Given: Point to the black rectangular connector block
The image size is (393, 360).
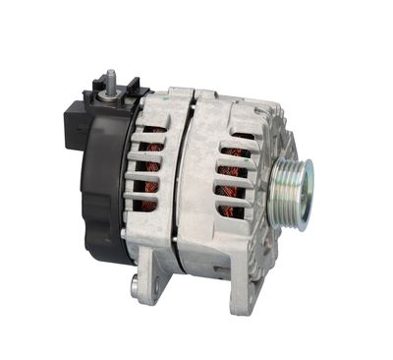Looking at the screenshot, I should click(x=78, y=123).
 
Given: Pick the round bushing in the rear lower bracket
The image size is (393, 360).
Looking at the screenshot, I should click(x=135, y=287).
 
